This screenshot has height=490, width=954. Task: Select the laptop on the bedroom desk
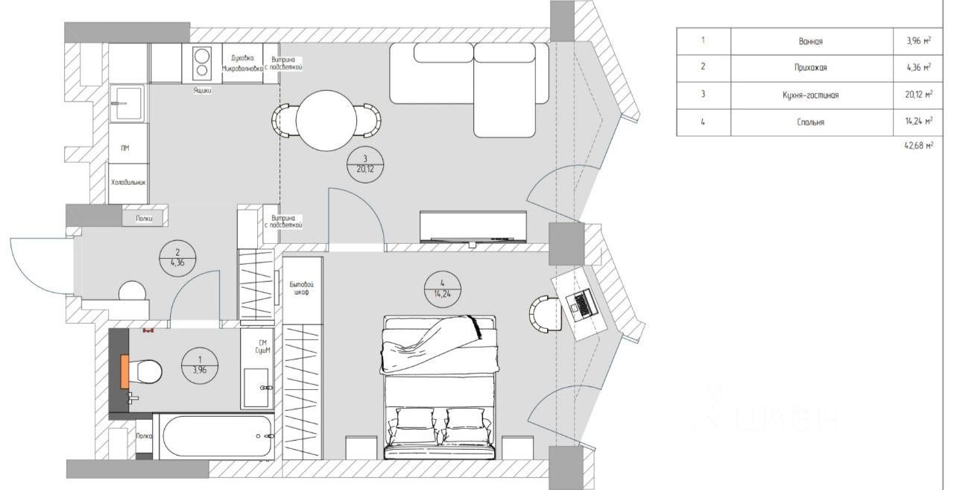[x=579, y=302]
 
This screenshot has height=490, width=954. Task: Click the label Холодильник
[x=128, y=182]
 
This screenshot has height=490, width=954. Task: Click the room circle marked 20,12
[x=365, y=163]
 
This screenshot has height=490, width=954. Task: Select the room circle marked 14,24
[x=442, y=288]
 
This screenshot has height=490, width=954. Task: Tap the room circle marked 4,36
[x=178, y=257]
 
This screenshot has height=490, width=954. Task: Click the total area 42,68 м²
[x=917, y=146]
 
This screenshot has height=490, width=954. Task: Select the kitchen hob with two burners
[x=201, y=63]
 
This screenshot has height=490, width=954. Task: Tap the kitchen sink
[x=127, y=103]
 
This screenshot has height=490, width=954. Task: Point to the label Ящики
[x=201, y=91]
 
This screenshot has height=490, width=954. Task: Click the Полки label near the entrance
[x=145, y=219]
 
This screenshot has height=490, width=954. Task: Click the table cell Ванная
[x=811, y=42]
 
